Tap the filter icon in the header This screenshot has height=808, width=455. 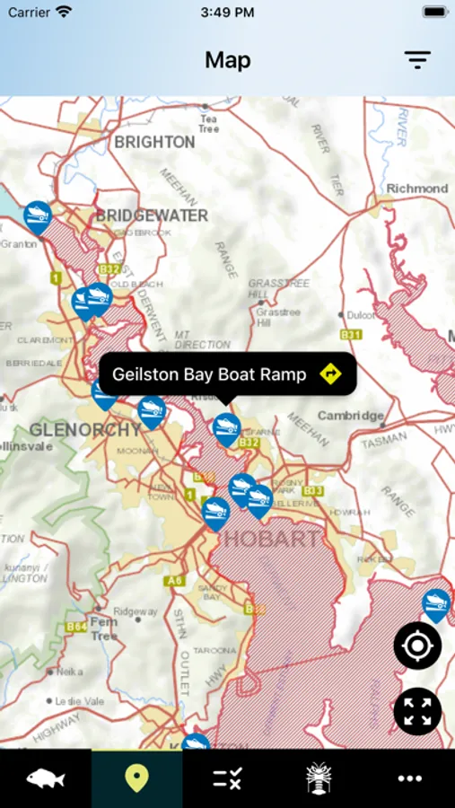coord(417,60)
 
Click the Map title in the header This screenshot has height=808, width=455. coord(227,60)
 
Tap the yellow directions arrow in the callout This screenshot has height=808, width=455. coord(331,373)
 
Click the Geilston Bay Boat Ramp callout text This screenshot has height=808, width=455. coord(209,374)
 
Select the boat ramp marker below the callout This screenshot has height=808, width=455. coord(226,429)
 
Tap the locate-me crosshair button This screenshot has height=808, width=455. coord(417,646)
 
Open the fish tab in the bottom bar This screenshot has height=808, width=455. coord(45,777)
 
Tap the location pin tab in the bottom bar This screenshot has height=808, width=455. coord(136,777)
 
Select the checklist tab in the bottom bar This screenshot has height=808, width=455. coord(227,777)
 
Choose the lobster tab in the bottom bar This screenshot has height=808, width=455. coord(319,777)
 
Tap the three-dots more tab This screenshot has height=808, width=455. coord(409,777)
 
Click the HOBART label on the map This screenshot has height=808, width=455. coord(270,539)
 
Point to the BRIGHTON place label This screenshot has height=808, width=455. coord(154,142)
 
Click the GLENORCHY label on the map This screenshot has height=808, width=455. coord(86,429)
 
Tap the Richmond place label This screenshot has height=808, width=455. coord(416,189)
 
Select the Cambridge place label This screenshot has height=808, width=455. coord(350,416)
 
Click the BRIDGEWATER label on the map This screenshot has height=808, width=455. coord(151,215)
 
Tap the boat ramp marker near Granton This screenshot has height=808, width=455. coord(37,216)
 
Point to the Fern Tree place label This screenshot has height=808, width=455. coord(103,628)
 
